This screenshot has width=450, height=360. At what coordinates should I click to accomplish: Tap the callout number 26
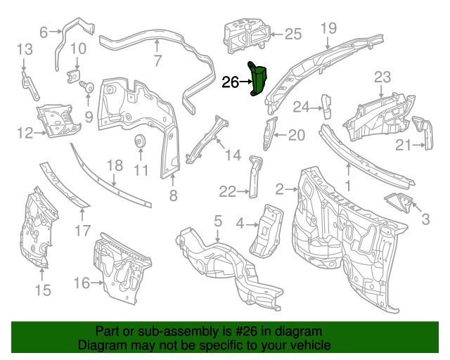[231, 83]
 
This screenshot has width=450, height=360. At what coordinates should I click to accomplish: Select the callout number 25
[293, 33]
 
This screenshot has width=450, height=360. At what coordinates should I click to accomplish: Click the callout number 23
[382, 77]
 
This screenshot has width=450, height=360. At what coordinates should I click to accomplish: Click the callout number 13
[25, 49]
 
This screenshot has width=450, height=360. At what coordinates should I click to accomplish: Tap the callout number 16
[82, 283]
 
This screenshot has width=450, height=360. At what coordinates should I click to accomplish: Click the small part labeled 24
[326, 103]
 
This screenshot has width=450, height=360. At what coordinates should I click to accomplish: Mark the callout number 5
[218, 221]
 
